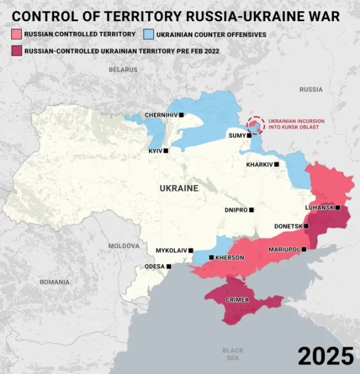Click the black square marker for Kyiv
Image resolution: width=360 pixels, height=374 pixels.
(x=166, y=150)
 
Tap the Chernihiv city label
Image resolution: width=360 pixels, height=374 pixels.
(x=161, y=115)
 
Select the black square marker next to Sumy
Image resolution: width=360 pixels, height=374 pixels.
(x=249, y=135)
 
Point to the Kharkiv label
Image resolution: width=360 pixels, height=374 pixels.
(x=260, y=165)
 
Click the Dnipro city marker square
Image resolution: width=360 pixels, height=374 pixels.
(x=252, y=210)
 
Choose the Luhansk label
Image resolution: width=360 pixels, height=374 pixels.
(x=320, y=208)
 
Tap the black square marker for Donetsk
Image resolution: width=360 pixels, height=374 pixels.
(x=306, y=226)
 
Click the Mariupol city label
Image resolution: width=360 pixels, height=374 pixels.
(x=284, y=249)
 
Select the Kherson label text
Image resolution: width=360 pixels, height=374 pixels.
(x=230, y=257)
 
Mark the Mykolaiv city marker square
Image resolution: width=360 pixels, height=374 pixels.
(x=191, y=250)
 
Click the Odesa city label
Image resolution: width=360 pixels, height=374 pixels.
(x=154, y=266)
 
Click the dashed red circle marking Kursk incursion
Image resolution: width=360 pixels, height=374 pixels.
(x=255, y=124)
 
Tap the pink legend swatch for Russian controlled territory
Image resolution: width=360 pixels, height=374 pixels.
(x=16, y=34)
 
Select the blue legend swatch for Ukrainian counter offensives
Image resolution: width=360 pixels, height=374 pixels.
(x=149, y=34)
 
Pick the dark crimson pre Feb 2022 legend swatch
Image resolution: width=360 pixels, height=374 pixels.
(x=16, y=50)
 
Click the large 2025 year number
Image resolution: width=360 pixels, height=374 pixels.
(x=325, y=355)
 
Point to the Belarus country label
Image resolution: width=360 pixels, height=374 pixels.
(x=123, y=70)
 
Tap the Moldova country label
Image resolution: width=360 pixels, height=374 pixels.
(x=124, y=246)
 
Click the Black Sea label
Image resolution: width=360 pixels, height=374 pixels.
(x=233, y=354)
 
